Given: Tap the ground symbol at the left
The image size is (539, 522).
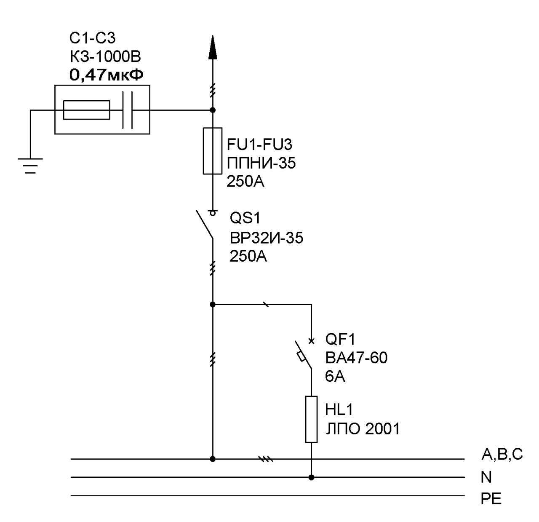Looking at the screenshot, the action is click(30, 166).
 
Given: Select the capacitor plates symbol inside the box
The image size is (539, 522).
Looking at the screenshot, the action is click(128, 110).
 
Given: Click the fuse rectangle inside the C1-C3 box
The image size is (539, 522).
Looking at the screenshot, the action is click(87, 110).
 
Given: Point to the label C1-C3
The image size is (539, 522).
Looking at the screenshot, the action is click(92, 38).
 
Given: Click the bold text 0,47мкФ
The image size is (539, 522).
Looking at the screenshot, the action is click(107, 75).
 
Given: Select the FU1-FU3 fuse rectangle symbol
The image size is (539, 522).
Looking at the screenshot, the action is click(213, 151).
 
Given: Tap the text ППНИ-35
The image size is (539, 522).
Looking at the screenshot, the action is click(261, 163).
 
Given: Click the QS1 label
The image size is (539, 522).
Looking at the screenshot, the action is click(245, 218).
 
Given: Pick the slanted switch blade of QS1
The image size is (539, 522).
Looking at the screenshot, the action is click(205, 225).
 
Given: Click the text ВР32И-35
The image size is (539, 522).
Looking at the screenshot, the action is click(267, 238).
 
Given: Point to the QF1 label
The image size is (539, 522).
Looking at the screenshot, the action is click(340, 339).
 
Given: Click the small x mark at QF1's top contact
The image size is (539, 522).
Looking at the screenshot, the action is click(311, 341).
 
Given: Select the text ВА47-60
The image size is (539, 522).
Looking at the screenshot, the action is click(356, 358).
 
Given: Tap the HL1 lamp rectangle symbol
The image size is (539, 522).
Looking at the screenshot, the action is click(311, 419).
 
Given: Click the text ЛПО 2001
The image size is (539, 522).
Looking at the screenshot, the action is click(363, 429).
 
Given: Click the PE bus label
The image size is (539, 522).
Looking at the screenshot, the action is click(491, 499).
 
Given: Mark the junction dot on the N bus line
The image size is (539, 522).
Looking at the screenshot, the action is click(311, 477).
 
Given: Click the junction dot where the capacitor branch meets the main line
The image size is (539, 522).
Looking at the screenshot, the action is click(213, 110).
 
